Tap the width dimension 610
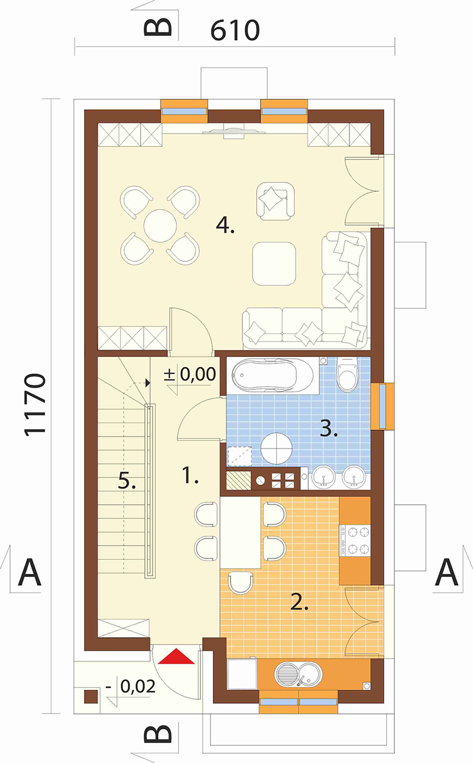pyautogui.click(x=235, y=30)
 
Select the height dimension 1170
pyautogui.click(x=35, y=405)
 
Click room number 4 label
pyautogui.click(x=225, y=225)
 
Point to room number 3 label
pyautogui.click(x=329, y=428)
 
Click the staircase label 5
pyautogui.click(x=127, y=482)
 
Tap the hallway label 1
pyautogui.click(x=190, y=475)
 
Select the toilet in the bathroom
pyautogui.click(x=347, y=374)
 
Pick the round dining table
pyautogui.click(x=160, y=226)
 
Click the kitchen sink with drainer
pyautogui.click(x=298, y=675)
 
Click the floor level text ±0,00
pyautogui.click(x=190, y=374)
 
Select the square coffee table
pyautogui.click(x=274, y=264)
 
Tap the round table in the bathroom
pyautogui.click(x=276, y=448)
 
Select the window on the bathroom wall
pyautogui.click(x=383, y=406)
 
